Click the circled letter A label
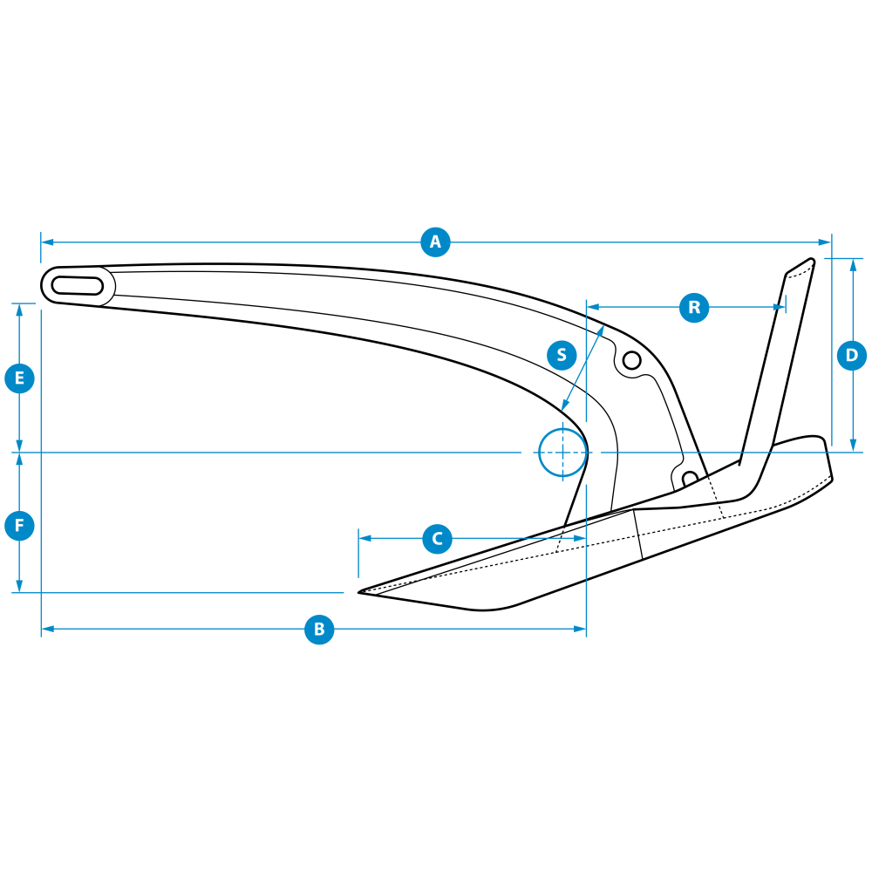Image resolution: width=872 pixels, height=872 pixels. [x=435, y=242]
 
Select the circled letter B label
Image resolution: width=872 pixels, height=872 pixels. [x=319, y=630]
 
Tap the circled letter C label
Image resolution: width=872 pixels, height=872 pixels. [x=437, y=539]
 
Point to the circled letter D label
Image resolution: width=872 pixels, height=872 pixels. [x=852, y=356]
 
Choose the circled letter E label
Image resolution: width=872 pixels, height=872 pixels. [x=19, y=378]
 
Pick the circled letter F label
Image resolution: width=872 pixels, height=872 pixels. [x=19, y=526]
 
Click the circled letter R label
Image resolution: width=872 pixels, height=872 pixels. [x=694, y=307]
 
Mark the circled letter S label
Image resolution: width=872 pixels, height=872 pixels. [x=562, y=355]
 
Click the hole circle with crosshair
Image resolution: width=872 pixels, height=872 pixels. [x=562, y=453]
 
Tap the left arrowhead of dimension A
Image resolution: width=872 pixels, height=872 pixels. [x=47, y=242]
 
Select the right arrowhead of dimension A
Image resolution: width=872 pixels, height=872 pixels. [x=825, y=242]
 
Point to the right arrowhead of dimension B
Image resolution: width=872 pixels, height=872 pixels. [x=580, y=629]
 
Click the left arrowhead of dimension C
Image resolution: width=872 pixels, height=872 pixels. [x=365, y=538]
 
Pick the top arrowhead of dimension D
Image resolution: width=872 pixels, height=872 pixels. [x=853, y=265]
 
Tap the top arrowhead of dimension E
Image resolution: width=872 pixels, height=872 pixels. [x=19, y=310]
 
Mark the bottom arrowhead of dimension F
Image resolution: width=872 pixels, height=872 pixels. [x=19, y=587]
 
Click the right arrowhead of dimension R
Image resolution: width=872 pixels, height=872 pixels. [x=779, y=307]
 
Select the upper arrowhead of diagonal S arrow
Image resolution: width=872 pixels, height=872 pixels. [x=601, y=330]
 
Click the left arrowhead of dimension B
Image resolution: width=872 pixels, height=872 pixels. [x=48, y=629]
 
